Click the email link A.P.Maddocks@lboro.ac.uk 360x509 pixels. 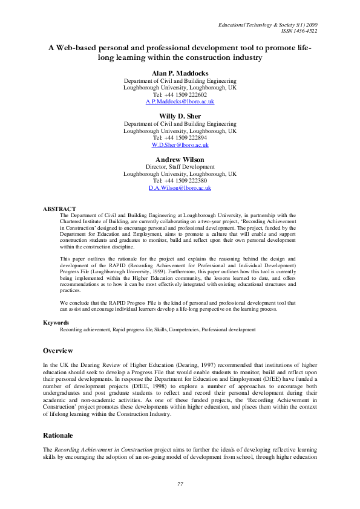coord(180,102)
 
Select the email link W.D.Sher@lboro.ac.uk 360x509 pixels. coord(180,145)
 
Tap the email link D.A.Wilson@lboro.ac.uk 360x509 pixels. coord(180,188)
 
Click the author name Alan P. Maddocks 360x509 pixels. coord(180,73)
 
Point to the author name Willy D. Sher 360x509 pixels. coord(180,115)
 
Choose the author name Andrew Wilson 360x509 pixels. coord(180,159)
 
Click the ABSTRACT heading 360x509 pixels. coord(59,209)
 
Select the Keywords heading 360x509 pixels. coord(56,323)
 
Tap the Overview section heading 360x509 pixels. coord(58,351)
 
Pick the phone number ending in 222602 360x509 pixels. coord(180,95)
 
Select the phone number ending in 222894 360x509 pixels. coord(180,138)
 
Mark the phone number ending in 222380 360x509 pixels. coord(180,181)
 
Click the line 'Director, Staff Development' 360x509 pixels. coord(180,166)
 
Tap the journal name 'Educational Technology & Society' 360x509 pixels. coord(251,24)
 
